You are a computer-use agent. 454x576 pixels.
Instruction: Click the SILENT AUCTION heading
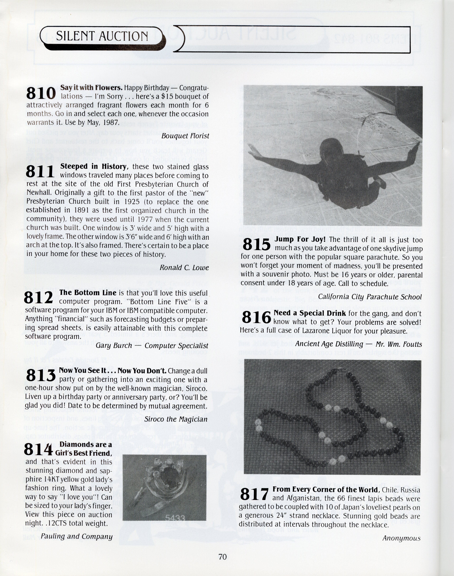102,36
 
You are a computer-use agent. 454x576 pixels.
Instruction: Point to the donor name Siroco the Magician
176,419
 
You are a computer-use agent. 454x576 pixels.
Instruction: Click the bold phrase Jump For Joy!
300,239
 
